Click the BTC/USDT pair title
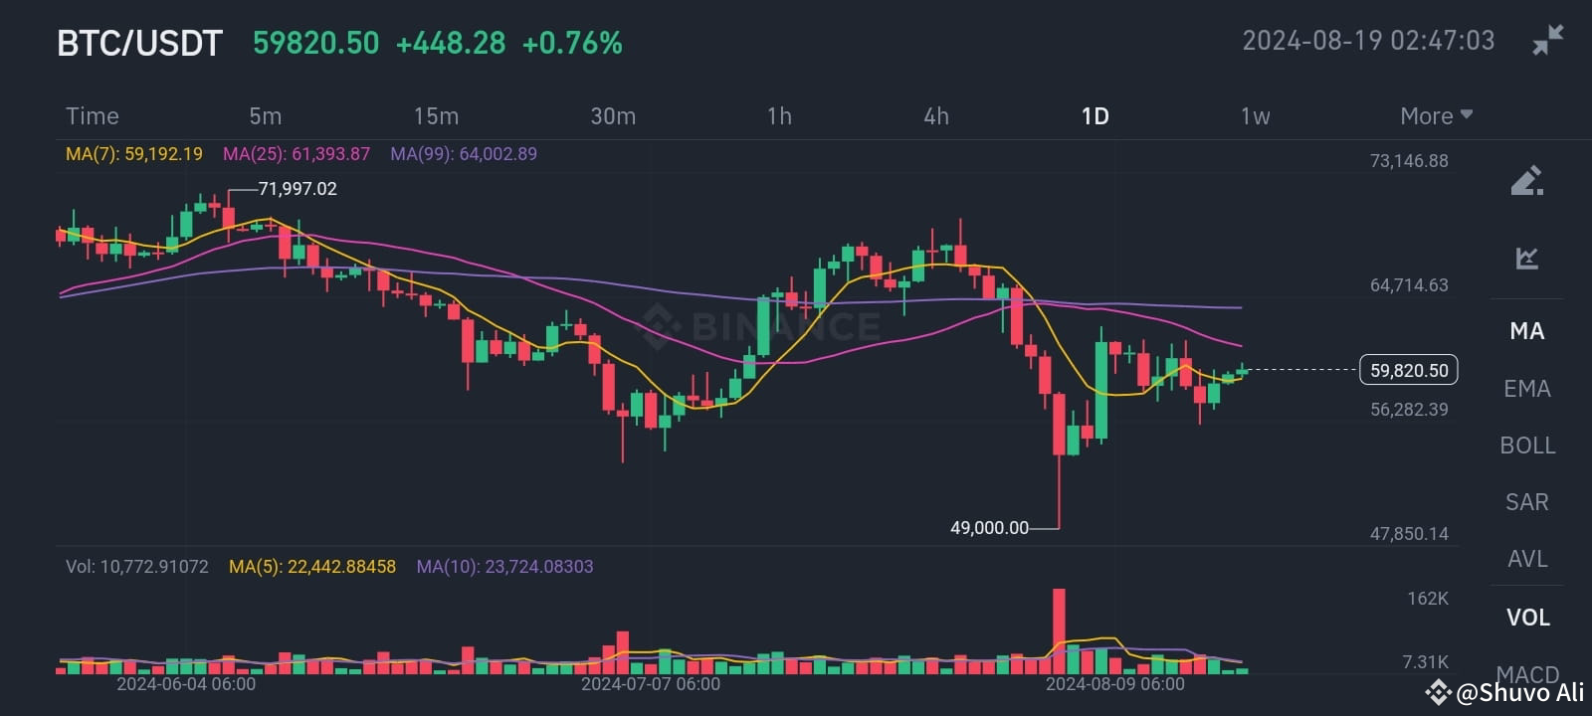139,44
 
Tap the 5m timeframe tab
265,116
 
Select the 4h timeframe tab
935,116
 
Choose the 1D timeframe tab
1094,116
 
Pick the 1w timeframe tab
1255,116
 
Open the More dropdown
1436,116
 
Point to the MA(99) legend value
464,154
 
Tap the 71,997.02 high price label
298,189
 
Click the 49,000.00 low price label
989,528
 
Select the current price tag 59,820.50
1409,370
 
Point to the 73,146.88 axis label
1409,161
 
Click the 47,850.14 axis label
1409,534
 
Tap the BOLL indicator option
1527,446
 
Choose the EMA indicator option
1527,389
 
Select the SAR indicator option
1527,502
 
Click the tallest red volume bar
1059,630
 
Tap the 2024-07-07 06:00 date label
651,684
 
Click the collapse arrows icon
1547,40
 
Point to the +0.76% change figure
572,44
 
